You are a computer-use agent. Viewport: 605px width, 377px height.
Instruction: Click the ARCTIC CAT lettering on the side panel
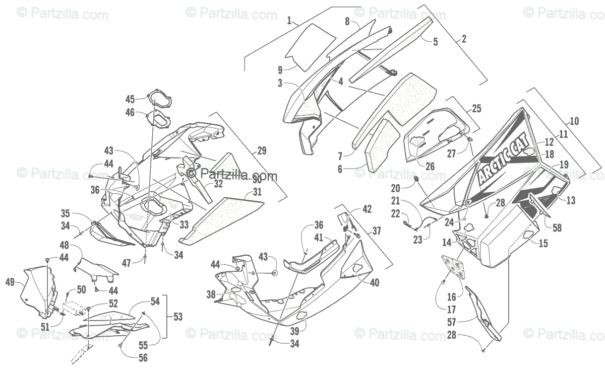pos(509,158)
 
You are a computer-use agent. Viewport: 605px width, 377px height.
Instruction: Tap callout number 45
pos(130,99)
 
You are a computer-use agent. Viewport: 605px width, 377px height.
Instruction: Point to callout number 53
pos(177,317)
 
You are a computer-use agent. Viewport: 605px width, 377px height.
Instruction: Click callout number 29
pos(262,150)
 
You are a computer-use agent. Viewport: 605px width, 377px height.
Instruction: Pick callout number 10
pos(574,121)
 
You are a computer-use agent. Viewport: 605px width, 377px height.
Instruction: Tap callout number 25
pos(476,108)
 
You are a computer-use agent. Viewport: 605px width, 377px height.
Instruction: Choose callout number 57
pos(453,320)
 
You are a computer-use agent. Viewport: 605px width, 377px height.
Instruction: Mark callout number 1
pos(289,21)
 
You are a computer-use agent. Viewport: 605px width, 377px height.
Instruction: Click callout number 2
pos(464,38)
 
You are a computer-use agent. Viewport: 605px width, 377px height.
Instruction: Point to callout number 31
pos(258,192)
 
